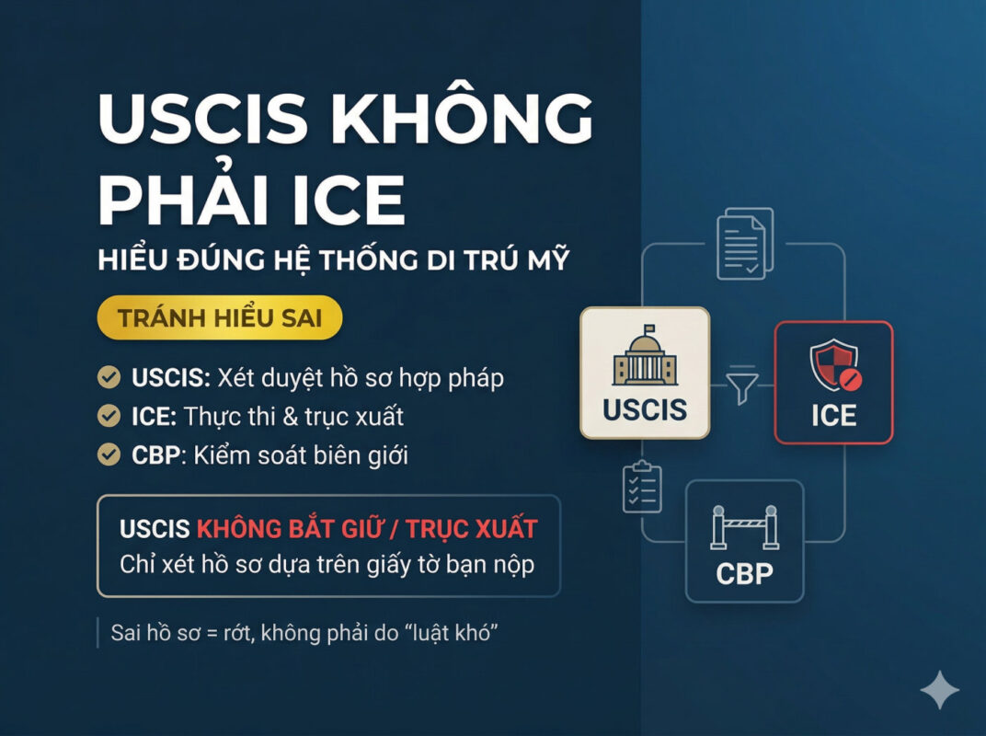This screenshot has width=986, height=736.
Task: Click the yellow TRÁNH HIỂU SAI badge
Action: pyautogui.click(x=220, y=318)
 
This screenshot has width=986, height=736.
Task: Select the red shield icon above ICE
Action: pyautogui.click(x=832, y=366)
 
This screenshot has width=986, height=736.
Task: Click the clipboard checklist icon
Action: pyautogui.click(x=641, y=486)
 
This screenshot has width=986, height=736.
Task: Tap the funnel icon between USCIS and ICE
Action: pyautogui.click(x=742, y=386)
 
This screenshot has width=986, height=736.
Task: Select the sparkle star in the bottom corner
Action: pyautogui.click(x=938, y=690)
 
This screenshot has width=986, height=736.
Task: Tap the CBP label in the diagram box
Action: pyautogui.click(x=744, y=573)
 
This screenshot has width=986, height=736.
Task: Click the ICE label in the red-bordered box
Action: pyautogui.click(x=832, y=415)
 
